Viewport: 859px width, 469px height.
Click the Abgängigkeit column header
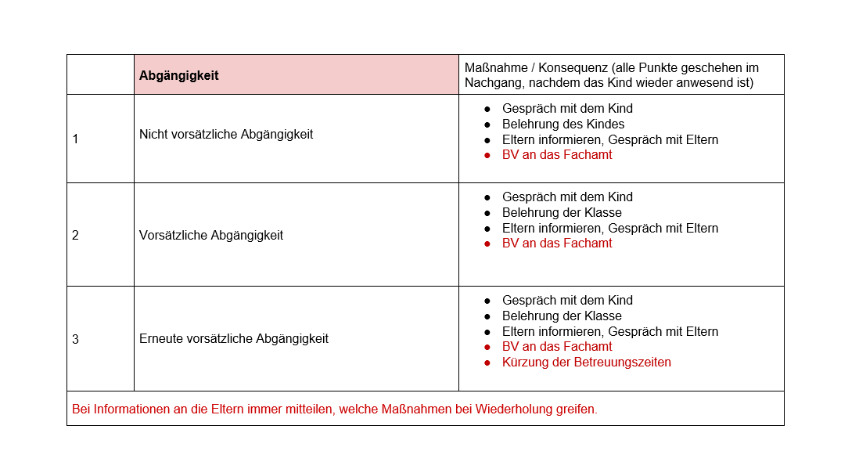click(x=179, y=76)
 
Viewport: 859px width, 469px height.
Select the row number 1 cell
click(x=75, y=139)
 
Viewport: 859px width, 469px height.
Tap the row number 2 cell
click(x=75, y=235)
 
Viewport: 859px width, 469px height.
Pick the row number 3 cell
click(x=75, y=339)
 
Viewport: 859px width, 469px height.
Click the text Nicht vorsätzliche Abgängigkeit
click(x=226, y=135)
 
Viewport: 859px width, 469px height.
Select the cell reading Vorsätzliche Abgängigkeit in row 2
click(x=211, y=235)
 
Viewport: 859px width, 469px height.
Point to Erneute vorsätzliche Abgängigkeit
click(x=234, y=339)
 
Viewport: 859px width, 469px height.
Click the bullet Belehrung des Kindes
click(x=563, y=124)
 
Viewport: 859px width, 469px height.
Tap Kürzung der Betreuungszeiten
click(x=587, y=362)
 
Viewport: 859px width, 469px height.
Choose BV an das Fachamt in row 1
click(x=557, y=154)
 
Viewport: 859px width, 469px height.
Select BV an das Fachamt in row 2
click(x=557, y=243)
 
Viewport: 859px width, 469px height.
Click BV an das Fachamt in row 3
click(x=557, y=346)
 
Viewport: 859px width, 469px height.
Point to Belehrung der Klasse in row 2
click(x=562, y=212)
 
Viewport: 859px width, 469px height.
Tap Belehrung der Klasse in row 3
click(x=562, y=316)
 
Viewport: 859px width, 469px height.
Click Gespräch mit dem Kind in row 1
click(x=567, y=108)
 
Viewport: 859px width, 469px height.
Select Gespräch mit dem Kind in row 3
click(x=567, y=300)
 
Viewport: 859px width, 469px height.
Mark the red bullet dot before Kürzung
click(x=487, y=363)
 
